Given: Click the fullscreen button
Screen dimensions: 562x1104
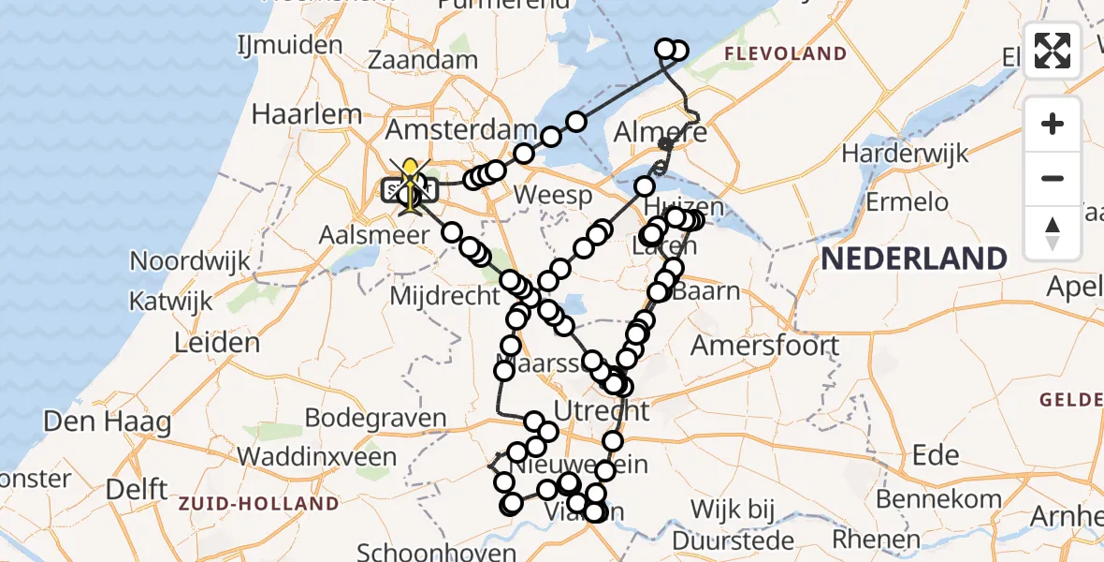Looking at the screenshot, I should tap(1053, 51).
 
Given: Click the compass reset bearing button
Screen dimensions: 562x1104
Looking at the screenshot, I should tap(1053, 233).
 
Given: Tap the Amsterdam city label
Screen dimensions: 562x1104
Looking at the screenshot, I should tap(462, 130).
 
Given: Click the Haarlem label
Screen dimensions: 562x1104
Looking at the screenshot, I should tap(307, 114).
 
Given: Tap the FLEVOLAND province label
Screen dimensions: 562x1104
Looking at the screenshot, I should tap(786, 54).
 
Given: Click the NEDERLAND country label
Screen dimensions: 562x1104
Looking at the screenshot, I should tap(914, 258).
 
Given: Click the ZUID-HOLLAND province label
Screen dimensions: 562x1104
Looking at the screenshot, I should tap(258, 504).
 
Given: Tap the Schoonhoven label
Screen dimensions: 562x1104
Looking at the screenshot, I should tap(437, 551).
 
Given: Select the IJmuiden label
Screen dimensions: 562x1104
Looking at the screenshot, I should tap(290, 45).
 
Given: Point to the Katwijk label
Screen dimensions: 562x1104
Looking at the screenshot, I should tap(172, 302).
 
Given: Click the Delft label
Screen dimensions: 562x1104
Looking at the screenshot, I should tap(137, 489).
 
